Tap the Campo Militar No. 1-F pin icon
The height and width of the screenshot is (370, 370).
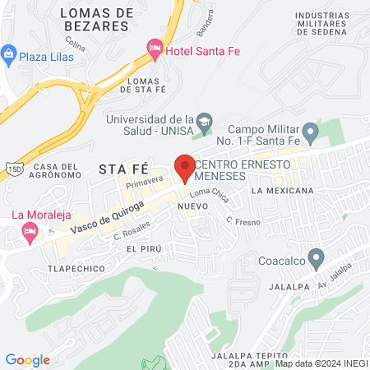click(x=310, y=131)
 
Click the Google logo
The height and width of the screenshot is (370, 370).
click(x=27, y=360)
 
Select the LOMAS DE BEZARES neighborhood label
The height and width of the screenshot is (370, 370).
click(x=97, y=19)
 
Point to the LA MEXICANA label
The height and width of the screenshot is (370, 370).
click(x=284, y=191)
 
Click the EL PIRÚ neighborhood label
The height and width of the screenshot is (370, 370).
click(x=141, y=247)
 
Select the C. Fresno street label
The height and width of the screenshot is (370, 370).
click(x=243, y=220)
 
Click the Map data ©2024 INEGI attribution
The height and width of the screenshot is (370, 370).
click(x=321, y=363)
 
